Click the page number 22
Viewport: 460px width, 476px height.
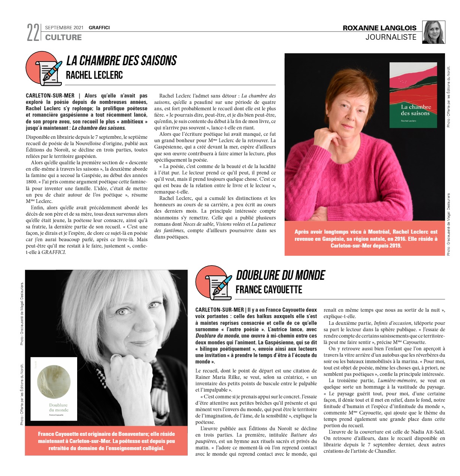pos(33,33)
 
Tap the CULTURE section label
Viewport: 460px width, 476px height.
pos(63,38)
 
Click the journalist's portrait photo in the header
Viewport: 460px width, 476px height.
pos(433,32)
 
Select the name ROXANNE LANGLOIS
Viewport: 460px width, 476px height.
pos(379,28)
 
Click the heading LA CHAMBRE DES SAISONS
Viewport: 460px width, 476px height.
pos(121,61)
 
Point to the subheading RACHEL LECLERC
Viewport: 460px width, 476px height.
pos(94,75)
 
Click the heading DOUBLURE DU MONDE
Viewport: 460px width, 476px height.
pos(281,275)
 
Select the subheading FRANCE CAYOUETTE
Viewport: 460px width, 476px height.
pos(269,290)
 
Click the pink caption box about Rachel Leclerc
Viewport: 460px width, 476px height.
pos(366,239)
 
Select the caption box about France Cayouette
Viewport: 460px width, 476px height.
pos(106,441)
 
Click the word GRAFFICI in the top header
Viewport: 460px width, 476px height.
pos(99,28)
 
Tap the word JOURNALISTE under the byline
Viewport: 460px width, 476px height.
pos(391,37)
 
